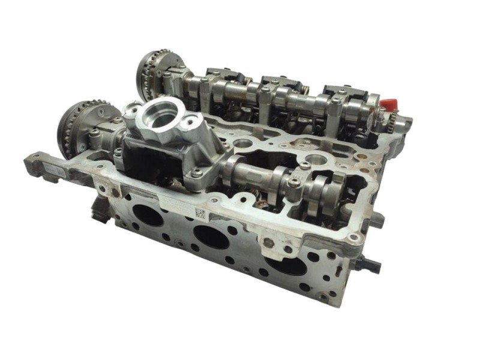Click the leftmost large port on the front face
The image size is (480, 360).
click(148, 215)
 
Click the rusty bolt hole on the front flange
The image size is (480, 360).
click(268, 244)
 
